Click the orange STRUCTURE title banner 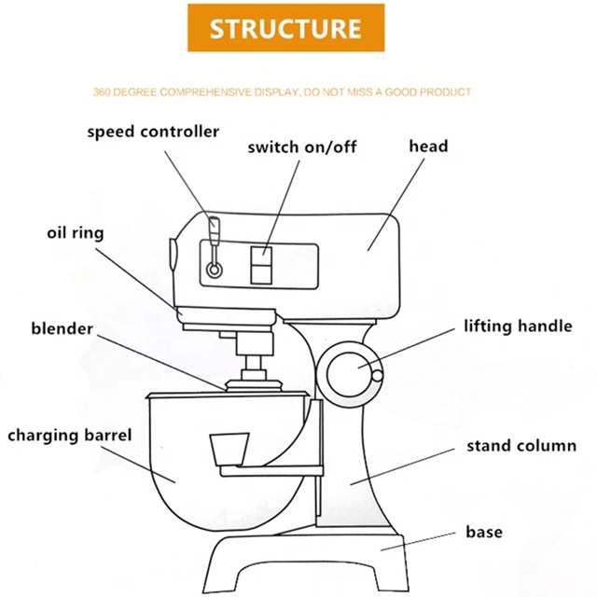tap(286, 28)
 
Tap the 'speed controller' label tap(153, 132)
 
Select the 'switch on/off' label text tap(302, 147)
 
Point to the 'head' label tap(428, 146)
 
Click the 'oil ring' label tap(76, 232)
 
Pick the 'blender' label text tap(62, 328)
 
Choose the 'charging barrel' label tap(70, 436)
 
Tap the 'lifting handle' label tap(518, 326)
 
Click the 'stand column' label tap(521, 446)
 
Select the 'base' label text tap(484, 532)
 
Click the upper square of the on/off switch tap(261, 256)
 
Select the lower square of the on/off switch tap(261, 274)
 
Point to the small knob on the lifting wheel tap(377, 376)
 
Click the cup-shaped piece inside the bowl tap(229, 450)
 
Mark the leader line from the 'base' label tap(418, 541)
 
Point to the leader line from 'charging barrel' tap(138, 465)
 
